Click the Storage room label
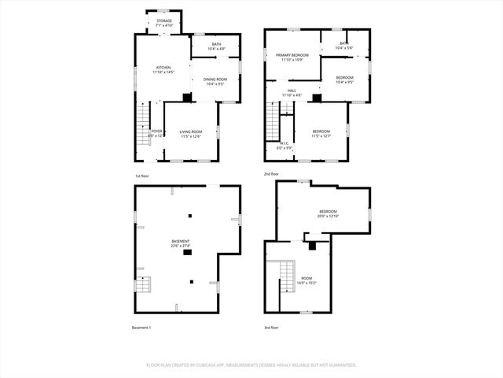163,24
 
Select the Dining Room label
215,81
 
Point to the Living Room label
190,134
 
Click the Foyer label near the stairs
156,133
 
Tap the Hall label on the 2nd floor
292,93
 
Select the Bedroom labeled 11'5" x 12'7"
321,134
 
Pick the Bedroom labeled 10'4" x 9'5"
344,79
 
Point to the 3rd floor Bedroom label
328,213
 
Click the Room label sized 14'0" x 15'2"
307,280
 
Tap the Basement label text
181,243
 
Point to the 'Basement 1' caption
141,327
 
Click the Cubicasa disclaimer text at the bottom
251,365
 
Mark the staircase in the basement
141,285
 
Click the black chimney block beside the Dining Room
186,98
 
